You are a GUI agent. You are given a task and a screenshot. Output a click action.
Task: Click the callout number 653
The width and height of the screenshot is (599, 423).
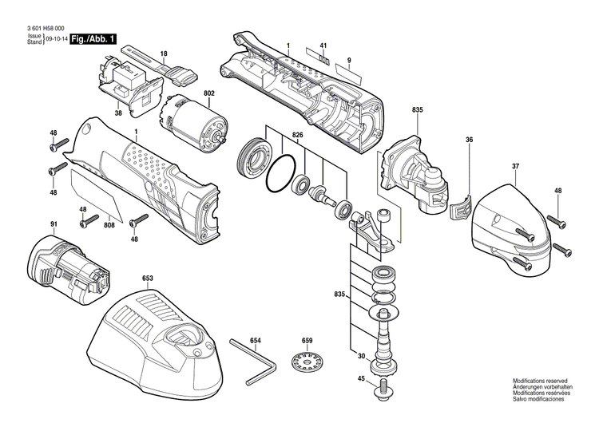[x=148, y=279]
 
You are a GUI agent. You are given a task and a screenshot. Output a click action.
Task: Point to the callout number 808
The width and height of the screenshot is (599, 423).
[x=108, y=225]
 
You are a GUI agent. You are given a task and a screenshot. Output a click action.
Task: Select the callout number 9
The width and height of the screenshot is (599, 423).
[x=349, y=61]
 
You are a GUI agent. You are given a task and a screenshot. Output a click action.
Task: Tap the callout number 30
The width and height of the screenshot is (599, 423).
[x=361, y=357]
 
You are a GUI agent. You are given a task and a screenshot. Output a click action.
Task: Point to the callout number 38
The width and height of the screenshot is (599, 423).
[x=118, y=113]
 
